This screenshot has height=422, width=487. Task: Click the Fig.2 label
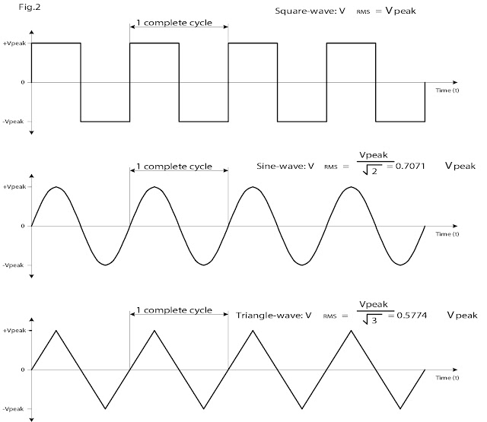tap(30, 7)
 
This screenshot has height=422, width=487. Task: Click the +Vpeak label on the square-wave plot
tap(14, 43)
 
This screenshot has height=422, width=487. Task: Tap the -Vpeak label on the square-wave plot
tap(13, 122)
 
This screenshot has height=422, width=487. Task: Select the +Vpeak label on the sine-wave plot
tap(14, 187)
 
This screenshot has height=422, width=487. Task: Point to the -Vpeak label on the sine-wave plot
tap(13, 265)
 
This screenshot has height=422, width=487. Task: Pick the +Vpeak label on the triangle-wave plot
tap(14, 331)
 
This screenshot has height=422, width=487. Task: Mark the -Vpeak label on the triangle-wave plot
tap(13, 409)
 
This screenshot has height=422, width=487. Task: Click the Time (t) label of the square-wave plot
tap(447, 90)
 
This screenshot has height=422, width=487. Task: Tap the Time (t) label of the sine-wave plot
tap(447, 234)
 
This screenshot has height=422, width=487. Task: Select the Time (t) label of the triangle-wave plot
tap(447, 378)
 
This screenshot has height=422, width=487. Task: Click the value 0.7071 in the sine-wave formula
tap(410, 166)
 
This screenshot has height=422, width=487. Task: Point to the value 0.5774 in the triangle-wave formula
tap(412, 316)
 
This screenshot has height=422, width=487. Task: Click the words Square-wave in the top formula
tap(301, 11)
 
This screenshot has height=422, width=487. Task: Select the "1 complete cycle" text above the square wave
tap(174, 23)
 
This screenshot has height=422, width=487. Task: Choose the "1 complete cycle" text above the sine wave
tap(174, 167)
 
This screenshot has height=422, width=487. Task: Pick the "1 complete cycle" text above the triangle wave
tap(174, 310)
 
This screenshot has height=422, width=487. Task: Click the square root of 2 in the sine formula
tap(372, 170)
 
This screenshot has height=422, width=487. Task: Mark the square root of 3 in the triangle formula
tap(372, 319)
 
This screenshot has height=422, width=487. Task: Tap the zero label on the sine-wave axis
tap(23, 226)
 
